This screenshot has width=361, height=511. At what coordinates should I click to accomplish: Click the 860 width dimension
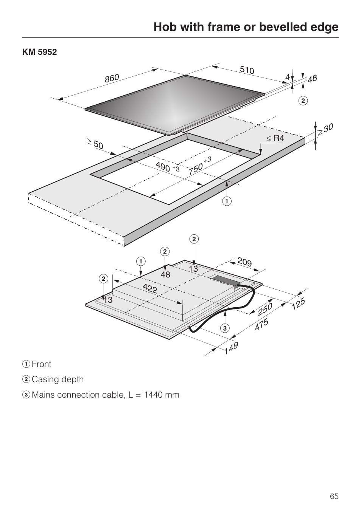tap(112, 78)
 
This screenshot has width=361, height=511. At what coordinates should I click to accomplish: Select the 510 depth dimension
tap(247, 70)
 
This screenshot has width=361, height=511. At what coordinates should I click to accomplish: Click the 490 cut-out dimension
tap(163, 167)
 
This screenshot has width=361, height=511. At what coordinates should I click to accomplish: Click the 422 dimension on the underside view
tap(150, 288)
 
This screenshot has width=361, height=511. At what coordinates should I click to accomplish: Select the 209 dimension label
tap(245, 262)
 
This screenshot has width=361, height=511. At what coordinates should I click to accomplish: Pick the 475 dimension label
tap(261, 324)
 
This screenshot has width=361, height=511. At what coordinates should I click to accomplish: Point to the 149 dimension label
tap(231, 347)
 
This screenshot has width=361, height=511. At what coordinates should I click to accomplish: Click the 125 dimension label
tap(298, 304)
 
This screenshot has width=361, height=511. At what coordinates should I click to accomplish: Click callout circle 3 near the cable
tap(225, 328)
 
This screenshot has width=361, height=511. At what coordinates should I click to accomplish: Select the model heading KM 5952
tap(39, 52)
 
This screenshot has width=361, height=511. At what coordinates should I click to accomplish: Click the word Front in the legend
tap(42, 364)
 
